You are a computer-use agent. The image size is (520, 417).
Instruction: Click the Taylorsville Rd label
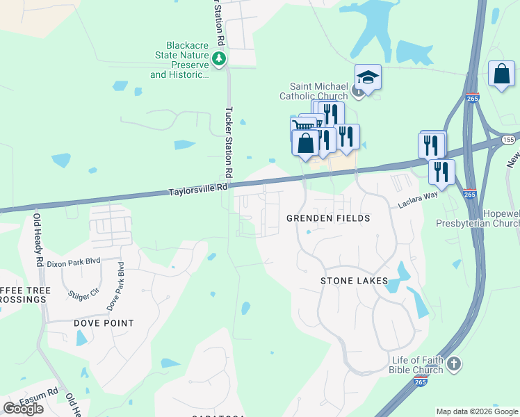coord(199,188)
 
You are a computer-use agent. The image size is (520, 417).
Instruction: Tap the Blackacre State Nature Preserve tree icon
coord(220,58)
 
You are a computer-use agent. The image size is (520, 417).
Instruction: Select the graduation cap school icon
coord(368,77)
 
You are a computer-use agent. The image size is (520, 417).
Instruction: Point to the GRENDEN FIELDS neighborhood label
coord(327,218)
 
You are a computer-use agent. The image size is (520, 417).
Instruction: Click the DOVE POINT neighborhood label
coord(104,323)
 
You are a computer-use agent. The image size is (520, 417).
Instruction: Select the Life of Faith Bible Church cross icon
coord(453,363)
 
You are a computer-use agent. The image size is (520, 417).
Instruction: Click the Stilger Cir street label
coord(84,296)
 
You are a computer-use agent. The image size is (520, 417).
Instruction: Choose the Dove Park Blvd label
coord(116,286)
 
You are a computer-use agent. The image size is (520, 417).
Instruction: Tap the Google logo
coord(23,409)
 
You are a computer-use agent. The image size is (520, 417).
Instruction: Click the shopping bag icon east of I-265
coord(501,74)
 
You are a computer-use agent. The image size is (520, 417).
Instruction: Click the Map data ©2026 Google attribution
coord(477,411)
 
